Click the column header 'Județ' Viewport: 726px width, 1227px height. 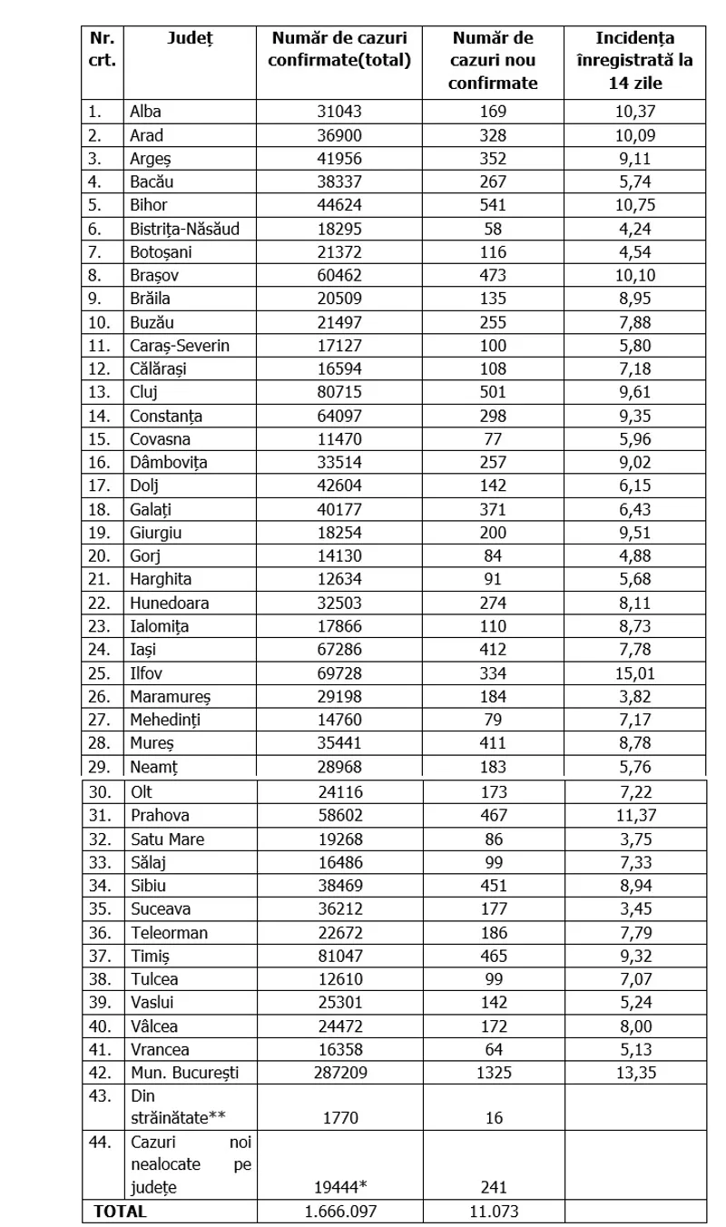(189, 38)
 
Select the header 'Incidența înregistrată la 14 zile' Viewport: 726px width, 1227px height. (635, 60)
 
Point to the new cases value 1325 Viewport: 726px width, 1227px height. (495, 1072)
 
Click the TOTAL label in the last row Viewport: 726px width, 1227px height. (116, 1211)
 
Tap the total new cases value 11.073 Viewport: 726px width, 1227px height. (495, 1211)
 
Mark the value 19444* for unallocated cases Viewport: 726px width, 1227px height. (340, 1186)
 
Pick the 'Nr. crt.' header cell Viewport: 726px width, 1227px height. (101, 49)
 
